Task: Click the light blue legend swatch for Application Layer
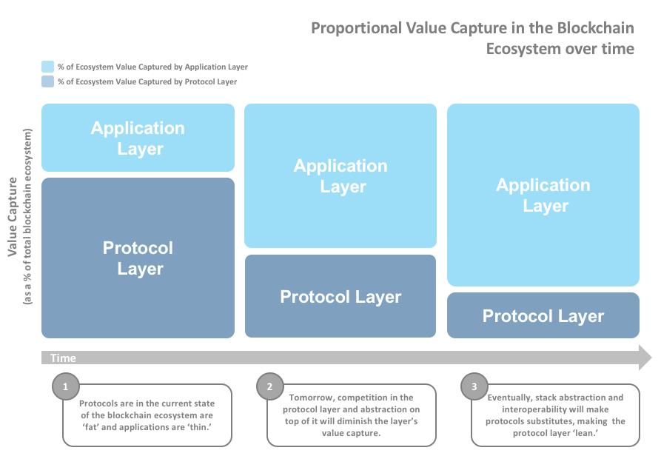[47, 67]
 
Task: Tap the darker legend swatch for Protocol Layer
[47, 81]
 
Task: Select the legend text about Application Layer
[152, 67]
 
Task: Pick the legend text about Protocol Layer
[147, 81]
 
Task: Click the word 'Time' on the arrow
[63, 358]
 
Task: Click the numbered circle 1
[66, 386]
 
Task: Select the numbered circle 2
[270, 386]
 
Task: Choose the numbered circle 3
[474, 386]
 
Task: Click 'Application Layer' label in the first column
[138, 138]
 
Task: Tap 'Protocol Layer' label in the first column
[138, 258]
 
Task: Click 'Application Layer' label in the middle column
[340, 176]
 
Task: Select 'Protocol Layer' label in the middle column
[340, 297]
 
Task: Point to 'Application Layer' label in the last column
[543, 195]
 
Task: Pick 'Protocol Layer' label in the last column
[543, 316]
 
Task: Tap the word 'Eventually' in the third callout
[510, 398]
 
